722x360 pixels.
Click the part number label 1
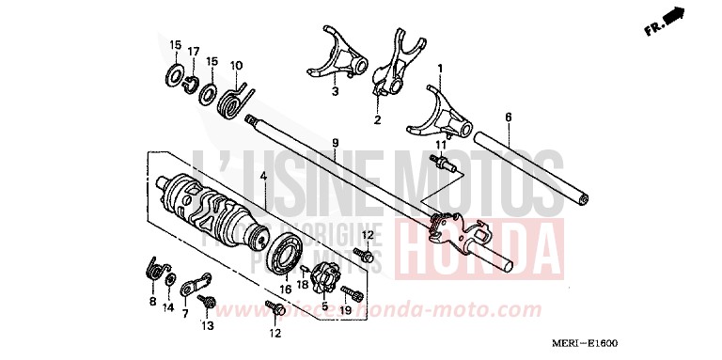(x=439, y=68)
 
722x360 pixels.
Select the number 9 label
(x=334, y=142)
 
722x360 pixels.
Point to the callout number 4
(x=265, y=175)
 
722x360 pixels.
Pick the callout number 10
(x=237, y=65)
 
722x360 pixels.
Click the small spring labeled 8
(x=158, y=271)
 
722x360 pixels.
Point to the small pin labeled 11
(x=443, y=165)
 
